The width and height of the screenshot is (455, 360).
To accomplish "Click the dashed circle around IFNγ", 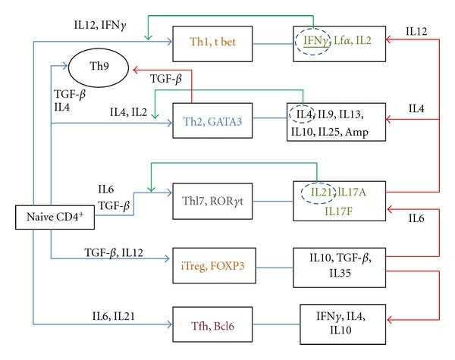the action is coord(296,42).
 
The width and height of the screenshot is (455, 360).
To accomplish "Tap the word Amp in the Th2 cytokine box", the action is coord(356,133).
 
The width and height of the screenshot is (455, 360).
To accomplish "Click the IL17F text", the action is coord(338,211).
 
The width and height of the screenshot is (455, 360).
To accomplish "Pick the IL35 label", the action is coord(340,273).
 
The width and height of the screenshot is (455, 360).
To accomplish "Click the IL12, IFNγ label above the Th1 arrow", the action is coord(100,25).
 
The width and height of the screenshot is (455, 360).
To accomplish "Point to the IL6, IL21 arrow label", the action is coord(114,316).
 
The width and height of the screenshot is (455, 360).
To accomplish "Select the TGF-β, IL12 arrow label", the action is coord(114,252).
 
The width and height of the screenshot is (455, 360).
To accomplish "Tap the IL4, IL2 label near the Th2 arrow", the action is coord(128,112).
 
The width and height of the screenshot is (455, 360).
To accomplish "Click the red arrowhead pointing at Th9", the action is coord(135,70).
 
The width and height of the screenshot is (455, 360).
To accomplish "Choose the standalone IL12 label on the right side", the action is coord(416,31).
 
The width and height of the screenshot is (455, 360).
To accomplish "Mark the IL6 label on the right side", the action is coord(416,218).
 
